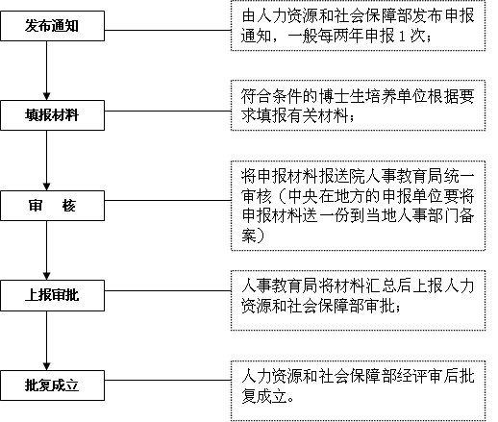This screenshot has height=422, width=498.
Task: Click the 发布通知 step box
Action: point(52,26)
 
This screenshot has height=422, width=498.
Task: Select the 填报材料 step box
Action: point(52,115)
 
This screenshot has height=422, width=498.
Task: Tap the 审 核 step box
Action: point(52,206)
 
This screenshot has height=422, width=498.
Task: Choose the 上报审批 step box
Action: point(52,295)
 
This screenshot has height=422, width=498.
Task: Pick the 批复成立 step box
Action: point(52,385)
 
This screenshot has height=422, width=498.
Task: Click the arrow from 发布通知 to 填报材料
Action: point(47,70)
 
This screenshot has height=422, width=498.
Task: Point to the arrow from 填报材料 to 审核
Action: point(47,161)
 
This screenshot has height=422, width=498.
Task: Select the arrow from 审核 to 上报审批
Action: point(47,250)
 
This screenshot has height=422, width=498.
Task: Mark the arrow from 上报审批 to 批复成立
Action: point(47,340)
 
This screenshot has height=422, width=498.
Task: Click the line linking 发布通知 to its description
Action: point(167,31)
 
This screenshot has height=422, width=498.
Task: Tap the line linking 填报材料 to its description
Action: point(167,112)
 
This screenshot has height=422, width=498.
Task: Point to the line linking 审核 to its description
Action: point(167,201)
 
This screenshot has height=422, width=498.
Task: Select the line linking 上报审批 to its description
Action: point(167,291)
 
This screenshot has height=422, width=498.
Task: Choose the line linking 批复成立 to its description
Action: point(167,381)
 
